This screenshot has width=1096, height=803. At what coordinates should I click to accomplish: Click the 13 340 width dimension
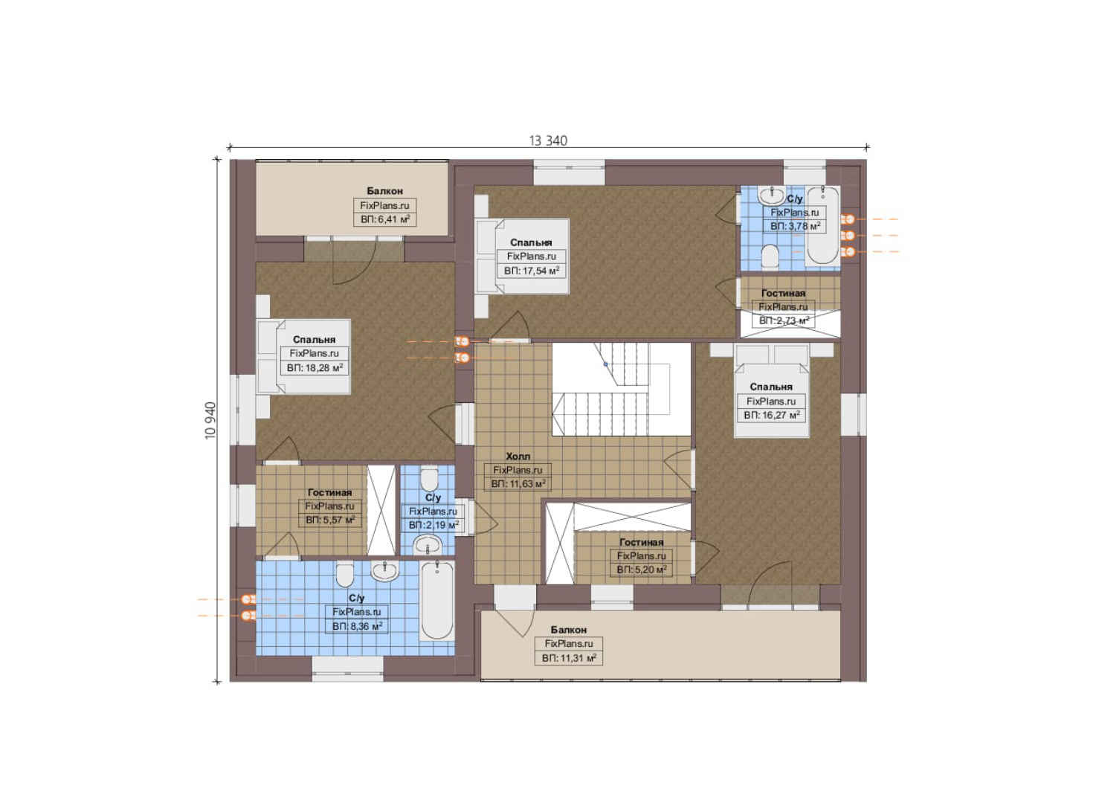(x=548, y=141)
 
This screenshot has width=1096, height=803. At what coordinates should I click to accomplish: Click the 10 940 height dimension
(x=210, y=421)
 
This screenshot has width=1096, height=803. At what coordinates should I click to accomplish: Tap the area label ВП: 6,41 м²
(x=385, y=219)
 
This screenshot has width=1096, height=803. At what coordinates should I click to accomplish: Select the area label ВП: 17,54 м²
(x=532, y=271)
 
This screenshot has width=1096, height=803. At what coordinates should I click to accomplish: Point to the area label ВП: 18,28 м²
(x=315, y=367)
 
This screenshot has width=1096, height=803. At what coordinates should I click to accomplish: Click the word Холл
(x=518, y=456)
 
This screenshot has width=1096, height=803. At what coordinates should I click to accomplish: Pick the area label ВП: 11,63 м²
(x=518, y=484)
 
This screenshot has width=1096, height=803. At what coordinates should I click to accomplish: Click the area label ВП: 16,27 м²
(x=772, y=416)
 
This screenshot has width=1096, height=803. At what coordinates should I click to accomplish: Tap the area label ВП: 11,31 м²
(x=569, y=658)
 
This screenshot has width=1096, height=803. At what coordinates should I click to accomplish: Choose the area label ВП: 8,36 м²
(x=357, y=626)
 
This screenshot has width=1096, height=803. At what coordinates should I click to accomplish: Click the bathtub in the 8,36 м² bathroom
(x=436, y=601)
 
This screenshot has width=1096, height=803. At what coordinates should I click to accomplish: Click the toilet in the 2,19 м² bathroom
(x=429, y=478)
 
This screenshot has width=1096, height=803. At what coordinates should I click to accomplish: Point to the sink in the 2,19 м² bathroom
(x=427, y=545)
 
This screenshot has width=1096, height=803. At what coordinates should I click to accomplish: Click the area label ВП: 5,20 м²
(x=642, y=570)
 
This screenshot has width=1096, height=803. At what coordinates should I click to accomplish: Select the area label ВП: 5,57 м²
(x=330, y=520)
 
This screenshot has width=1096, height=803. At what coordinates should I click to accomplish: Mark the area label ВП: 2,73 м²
(x=784, y=320)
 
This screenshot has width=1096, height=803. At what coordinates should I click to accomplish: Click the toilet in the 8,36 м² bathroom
(x=345, y=574)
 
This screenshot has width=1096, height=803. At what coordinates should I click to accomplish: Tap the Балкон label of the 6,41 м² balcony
(x=384, y=191)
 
